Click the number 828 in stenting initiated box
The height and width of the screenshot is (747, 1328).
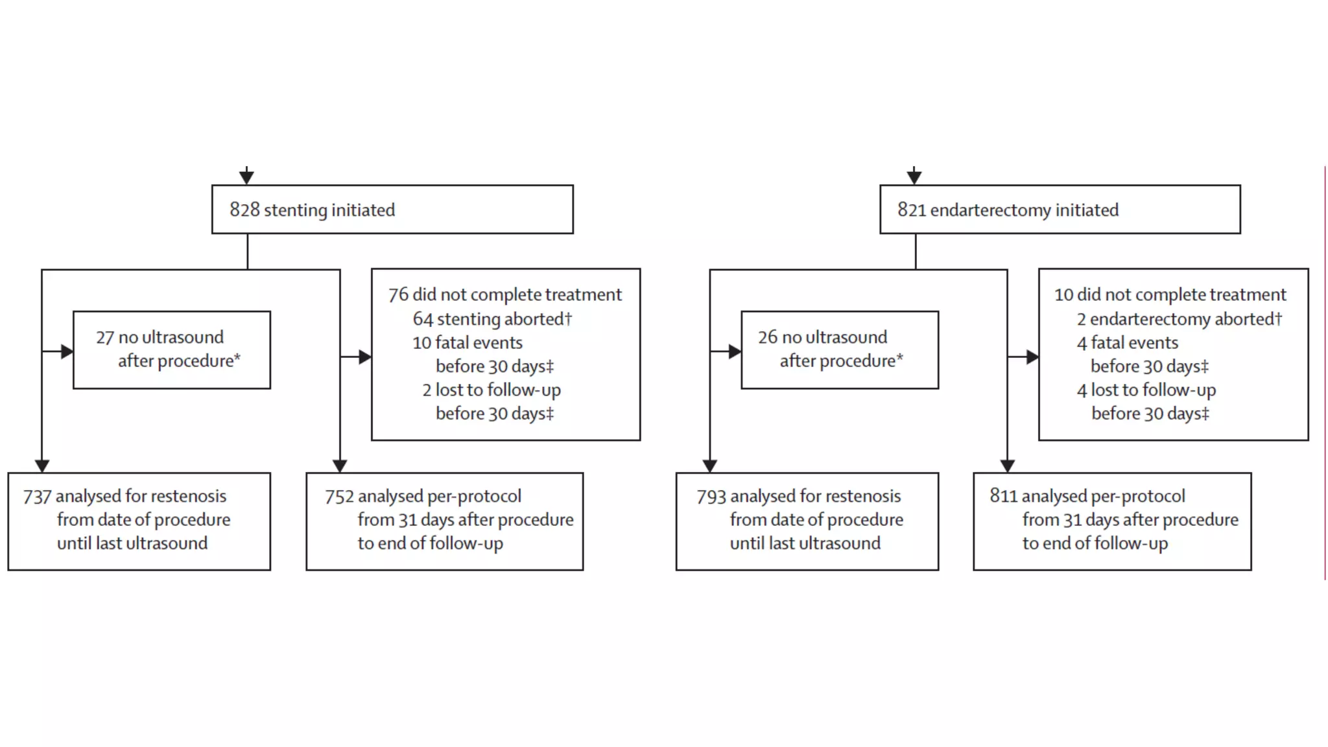(244, 209)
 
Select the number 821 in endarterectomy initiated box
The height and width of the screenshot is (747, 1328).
(912, 209)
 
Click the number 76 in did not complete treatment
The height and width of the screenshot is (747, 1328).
(398, 294)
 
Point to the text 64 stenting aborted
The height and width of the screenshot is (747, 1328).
(492, 318)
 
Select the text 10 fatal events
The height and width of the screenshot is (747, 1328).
(467, 342)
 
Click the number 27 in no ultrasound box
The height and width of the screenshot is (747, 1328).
(104, 337)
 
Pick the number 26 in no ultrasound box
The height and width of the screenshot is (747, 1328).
(767, 337)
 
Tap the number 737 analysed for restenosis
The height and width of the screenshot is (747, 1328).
(37, 497)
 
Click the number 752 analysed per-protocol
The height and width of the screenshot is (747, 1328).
(339, 497)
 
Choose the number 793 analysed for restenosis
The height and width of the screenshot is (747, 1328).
(711, 497)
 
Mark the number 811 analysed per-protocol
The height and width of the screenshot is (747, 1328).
(1003, 496)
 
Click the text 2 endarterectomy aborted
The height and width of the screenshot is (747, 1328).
(1179, 318)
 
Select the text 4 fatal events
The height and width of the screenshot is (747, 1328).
(1127, 342)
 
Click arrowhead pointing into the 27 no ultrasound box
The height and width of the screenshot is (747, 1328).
(67, 351)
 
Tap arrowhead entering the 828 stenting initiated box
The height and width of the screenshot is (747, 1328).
(246, 177)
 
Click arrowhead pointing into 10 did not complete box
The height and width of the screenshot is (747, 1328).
(1032, 357)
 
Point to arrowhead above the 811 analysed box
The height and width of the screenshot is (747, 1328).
(1007, 466)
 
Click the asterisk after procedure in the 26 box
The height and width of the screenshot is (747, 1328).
(900, 357)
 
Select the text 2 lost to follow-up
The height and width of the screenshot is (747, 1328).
(491, 390)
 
